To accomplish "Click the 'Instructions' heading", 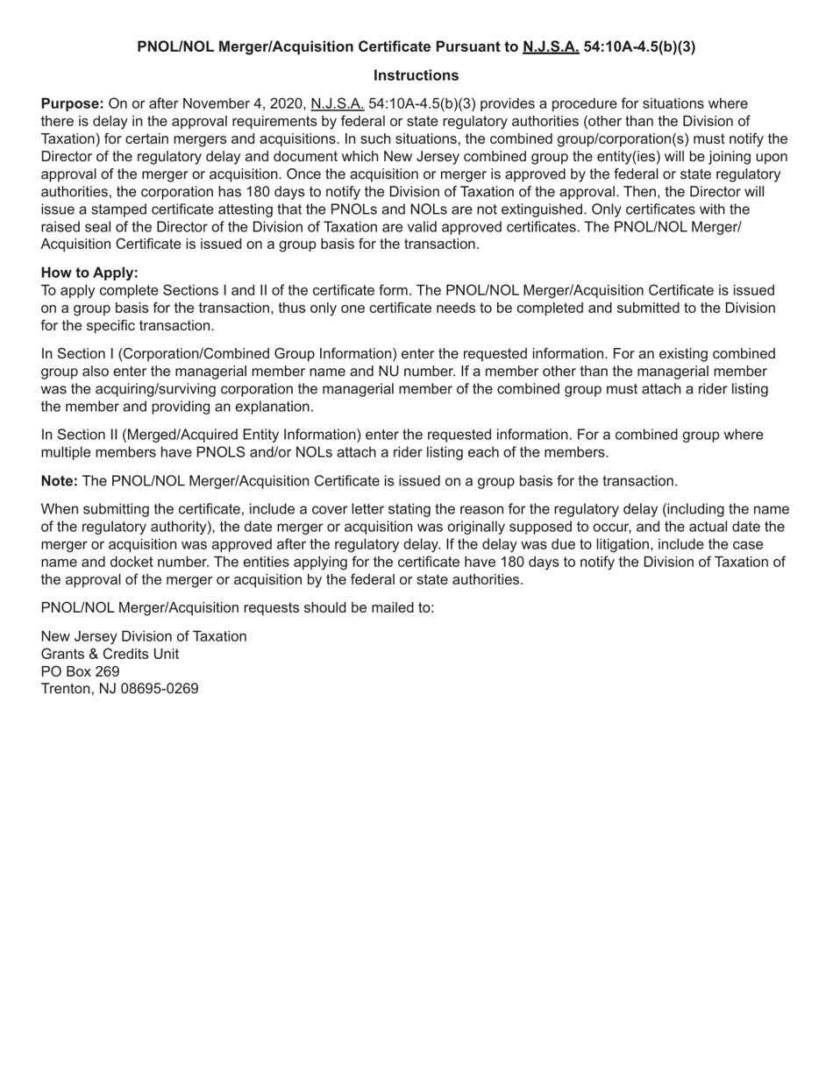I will [416, 75].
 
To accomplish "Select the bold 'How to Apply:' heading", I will [89, 273].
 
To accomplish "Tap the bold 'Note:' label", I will [60, 481].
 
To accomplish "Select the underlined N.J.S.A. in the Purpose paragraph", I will [338, 104].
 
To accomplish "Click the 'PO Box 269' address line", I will [81, 671].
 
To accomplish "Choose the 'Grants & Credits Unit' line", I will [110, 654].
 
